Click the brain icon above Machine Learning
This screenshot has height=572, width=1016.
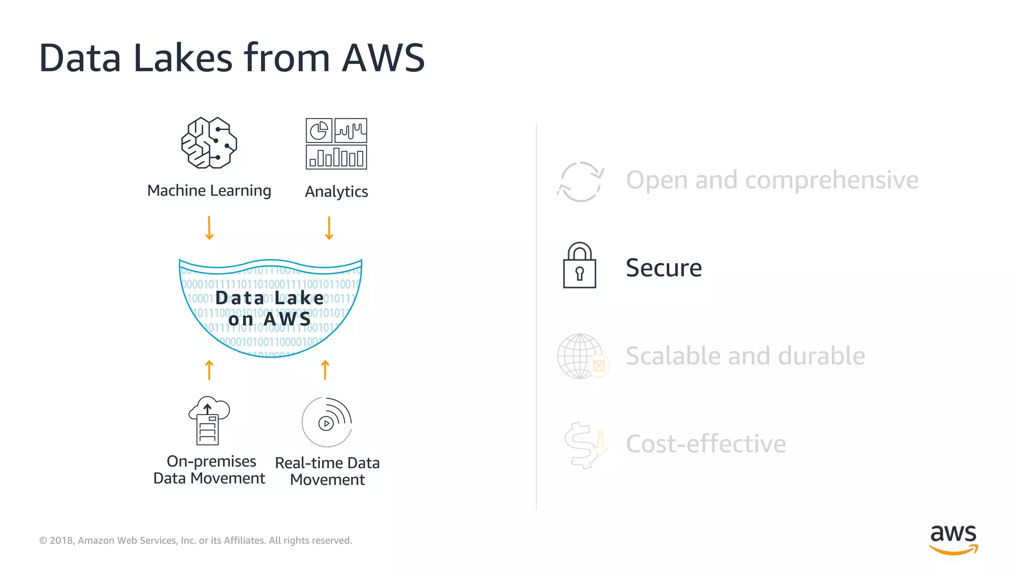(209, 143)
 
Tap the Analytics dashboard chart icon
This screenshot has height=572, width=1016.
(336, 143)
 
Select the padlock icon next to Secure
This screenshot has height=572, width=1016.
(579, 265)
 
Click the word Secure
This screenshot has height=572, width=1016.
(663, 268)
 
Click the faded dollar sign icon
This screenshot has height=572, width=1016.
(583, 445)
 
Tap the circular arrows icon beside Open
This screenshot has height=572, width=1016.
(580, 181)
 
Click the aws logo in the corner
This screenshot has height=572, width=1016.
(953, 539)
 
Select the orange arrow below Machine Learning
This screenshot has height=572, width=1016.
(209, 228)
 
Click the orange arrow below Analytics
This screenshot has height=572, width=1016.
(329, 228)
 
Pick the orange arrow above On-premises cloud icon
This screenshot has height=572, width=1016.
(209, 370)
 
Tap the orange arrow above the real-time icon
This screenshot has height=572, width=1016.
(325, 370)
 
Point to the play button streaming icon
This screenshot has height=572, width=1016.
(326, 423)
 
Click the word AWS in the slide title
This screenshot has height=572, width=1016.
(383, 58)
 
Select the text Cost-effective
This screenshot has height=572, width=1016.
(705, 444)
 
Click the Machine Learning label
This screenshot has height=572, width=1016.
(209, 191)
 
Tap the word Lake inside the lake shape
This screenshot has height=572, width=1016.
(299, 298)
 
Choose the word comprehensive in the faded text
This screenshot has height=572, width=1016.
(831, 180)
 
